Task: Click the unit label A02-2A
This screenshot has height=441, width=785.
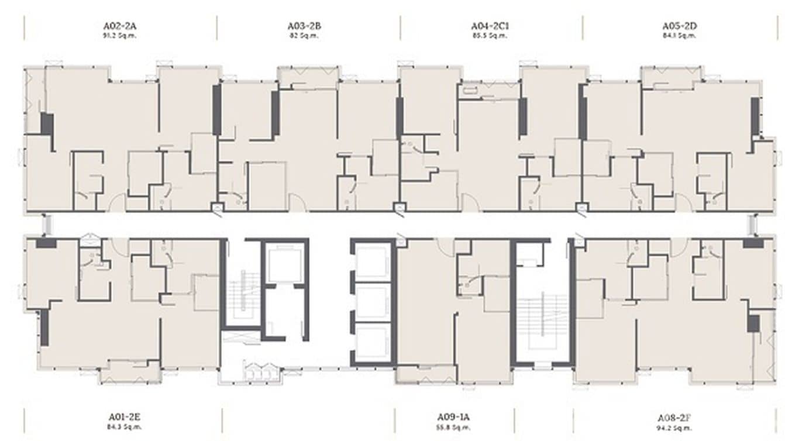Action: click(120, 26)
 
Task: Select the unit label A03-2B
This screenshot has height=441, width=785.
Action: click(304, 26)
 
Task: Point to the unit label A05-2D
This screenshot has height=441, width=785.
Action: click(679, 26)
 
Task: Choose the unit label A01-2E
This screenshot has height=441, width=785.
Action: click(125, 417)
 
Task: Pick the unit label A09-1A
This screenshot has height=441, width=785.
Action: click(453, 417)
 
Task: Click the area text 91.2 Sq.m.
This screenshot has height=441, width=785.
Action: click(120, 36)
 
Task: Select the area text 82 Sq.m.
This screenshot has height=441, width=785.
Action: click(304, 36)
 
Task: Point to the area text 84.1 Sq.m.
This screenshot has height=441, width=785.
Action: click(679, 36)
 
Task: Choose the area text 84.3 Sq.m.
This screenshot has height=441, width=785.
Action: click(125, 427)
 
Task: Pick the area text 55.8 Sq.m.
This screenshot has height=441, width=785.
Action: click(453, 427)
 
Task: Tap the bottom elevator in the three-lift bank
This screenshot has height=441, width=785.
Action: click(373, 342)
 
